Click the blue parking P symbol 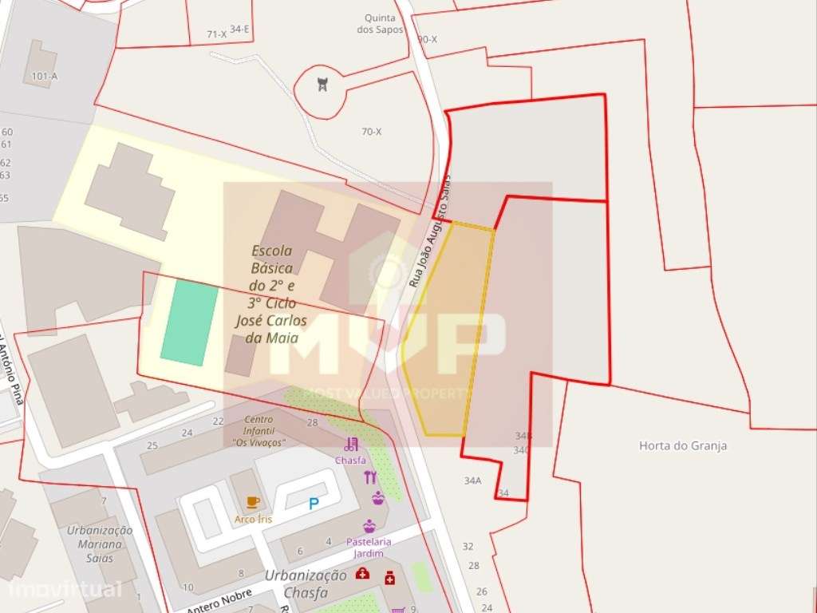click(313, 503)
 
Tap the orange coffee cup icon click(253, 502)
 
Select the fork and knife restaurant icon click(369, 477)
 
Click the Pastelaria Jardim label click(365, 548)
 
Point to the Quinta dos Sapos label click(380, 24)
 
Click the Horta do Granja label click(683, 446)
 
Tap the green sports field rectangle click(190, 322)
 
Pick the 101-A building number click(45, 77)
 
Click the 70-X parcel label click(371, 132)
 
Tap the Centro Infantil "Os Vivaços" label click(259, 430)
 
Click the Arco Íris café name click(253, 519)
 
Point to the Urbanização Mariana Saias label click(100, 544)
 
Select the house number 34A click(472, 481)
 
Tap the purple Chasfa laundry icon click(351, 445)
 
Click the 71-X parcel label click(216, 34)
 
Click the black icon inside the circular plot click(322, 84)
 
